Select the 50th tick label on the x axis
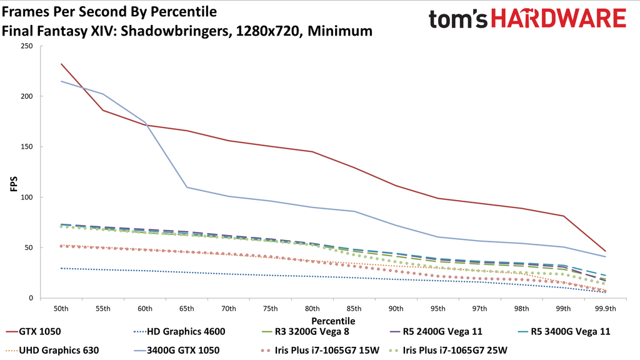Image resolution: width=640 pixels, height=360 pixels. click(x=61, y=308)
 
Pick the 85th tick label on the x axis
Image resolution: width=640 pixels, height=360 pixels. click(x=354, y=308)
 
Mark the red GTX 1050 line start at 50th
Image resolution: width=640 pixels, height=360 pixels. click(x=61, y=64)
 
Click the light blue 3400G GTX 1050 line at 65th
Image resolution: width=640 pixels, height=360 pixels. click(x=187, y=187)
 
